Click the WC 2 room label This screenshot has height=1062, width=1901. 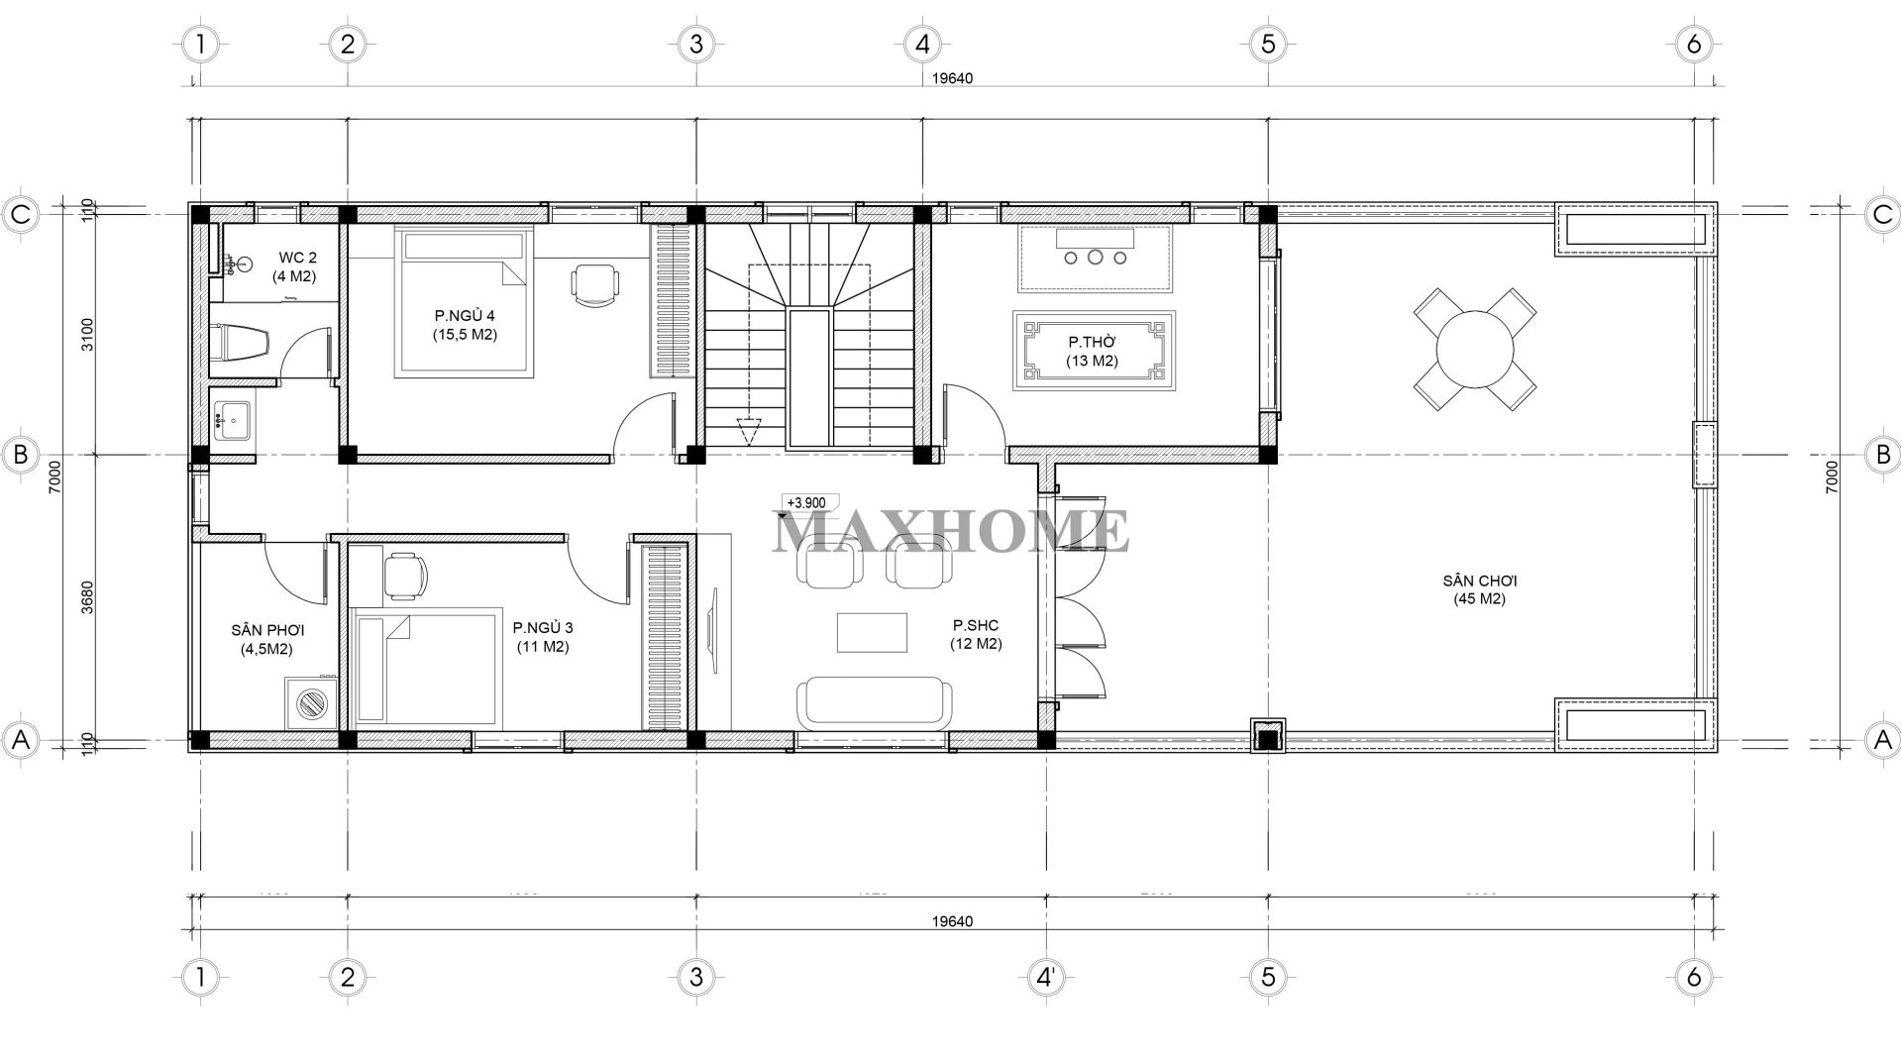[x=294, y=267]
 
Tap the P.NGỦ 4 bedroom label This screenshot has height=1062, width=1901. [x=464, y=325]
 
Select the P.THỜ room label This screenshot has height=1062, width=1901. [x=1092, y=351]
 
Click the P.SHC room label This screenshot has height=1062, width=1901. [x=976, y=634]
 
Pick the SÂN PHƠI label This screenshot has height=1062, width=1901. [x=266, y=639]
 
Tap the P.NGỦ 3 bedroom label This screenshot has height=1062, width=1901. [x=542, y=636]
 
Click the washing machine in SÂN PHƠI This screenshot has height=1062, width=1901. [x=313, y=704]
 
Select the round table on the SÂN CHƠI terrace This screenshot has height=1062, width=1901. [x=1475, y=349]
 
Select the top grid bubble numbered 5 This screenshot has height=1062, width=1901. [x=1267, y=44]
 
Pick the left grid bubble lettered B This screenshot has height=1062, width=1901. [x=20, y=455]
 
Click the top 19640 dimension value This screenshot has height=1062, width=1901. [x=952, y=79]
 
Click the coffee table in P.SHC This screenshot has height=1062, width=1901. [x=871, y=632]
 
